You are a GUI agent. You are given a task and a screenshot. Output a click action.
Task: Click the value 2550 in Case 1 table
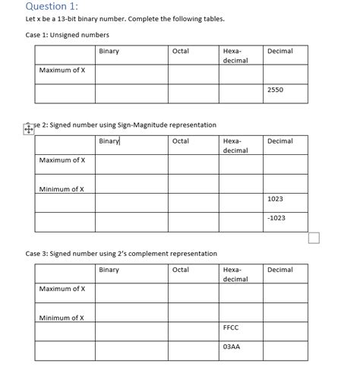[275, 90]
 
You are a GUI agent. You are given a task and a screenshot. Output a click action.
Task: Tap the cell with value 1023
[275, 198]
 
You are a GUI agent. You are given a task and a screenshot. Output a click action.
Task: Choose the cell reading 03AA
[232, 347]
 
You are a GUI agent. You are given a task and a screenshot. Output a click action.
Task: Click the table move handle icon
[29, 129]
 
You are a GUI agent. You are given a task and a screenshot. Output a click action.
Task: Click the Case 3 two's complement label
[121, 254]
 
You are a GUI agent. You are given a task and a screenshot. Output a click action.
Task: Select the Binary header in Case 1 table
[109, 51]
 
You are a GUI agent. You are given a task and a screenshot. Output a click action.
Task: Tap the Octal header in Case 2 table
[181, 141]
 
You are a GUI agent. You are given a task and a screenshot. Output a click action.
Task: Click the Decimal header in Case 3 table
[280, 270]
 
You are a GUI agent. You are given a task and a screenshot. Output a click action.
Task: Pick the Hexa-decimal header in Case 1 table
[234, 55]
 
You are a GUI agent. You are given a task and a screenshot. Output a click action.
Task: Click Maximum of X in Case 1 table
[62, 71]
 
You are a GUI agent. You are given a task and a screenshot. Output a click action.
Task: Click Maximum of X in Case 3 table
[62, 289]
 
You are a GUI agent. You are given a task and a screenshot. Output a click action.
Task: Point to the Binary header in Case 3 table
[109, 270]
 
